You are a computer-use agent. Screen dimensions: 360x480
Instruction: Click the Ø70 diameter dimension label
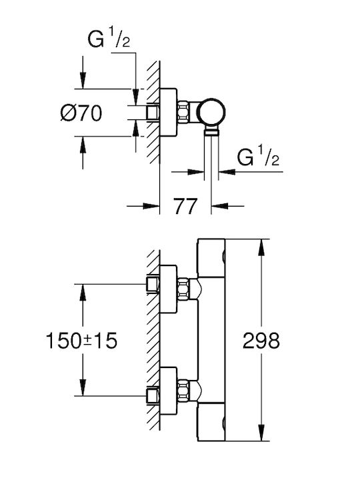click(81, 113)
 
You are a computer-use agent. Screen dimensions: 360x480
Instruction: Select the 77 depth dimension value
click(185, 206)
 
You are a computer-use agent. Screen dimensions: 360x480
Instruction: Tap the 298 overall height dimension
click(261, 341)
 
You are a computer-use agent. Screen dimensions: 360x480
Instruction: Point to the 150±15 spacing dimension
click(81, 341)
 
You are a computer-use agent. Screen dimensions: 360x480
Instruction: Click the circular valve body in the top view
click(211, 112)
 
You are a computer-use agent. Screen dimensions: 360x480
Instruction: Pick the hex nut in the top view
click(183, 112)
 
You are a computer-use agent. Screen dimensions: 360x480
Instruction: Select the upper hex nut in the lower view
click(183, 289)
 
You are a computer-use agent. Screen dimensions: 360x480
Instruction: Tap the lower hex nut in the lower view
click(183, 390)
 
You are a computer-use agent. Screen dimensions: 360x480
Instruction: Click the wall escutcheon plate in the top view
click(168, 112)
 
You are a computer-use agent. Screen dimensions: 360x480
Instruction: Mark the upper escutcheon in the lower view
click(168, 289)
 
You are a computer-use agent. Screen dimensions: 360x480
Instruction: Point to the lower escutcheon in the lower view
click(168, 391)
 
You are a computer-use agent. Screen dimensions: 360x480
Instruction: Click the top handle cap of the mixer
click(211, 258)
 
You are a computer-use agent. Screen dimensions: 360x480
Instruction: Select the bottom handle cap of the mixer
click(211, 422)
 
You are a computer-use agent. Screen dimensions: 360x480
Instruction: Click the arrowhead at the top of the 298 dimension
click(261, 247)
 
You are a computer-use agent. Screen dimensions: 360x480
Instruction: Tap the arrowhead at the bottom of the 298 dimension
click(261, 433)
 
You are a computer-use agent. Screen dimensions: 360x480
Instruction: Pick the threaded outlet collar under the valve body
click(211, 131)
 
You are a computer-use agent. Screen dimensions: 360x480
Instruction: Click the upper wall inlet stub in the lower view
click(153, 284)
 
